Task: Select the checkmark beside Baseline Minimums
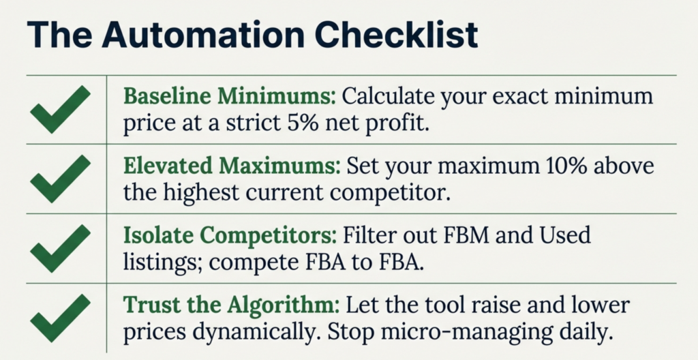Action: point(60,110)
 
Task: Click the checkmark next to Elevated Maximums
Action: point(60,179)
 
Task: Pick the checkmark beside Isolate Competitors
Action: point(60,249)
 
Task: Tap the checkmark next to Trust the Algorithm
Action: point(60,318)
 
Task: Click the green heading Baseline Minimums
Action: point(230,96)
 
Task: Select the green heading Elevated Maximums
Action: point(232,166)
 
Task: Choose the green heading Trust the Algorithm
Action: point(232,305)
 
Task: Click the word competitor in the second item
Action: point(389,194)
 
